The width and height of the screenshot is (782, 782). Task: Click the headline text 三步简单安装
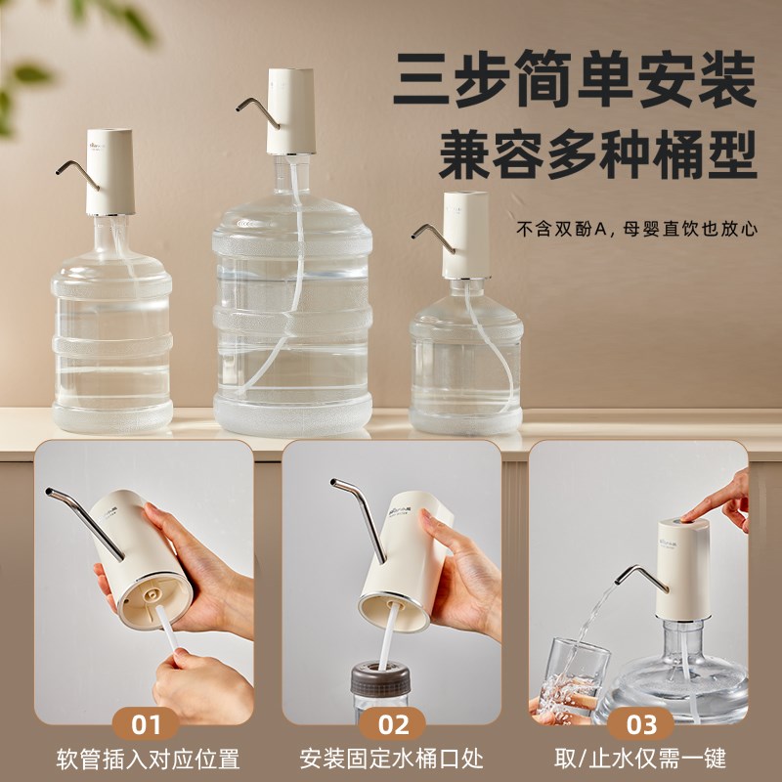[575, 79]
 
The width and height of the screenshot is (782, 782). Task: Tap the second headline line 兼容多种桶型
[597, 153]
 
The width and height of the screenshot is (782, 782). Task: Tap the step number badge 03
[639, 723]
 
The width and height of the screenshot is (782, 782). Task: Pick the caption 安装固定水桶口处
[391, 759]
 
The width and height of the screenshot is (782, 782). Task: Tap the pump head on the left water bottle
[109, 172]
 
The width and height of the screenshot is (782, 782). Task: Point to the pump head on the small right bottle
[465, 235]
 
